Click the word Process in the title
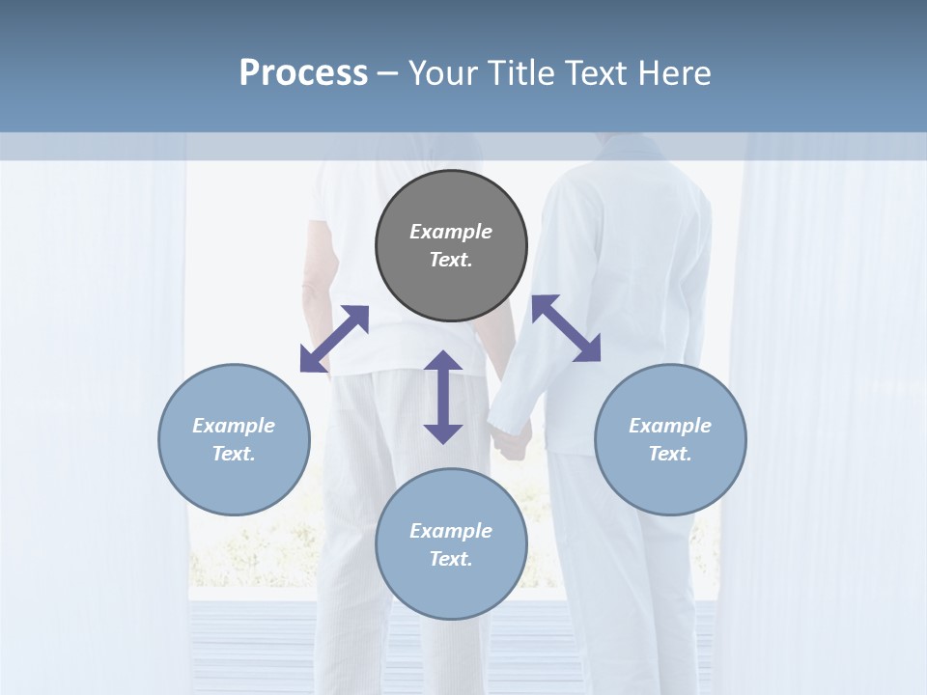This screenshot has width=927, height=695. click(x=303, y=73)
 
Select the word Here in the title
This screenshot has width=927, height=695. click(x=674, y=73)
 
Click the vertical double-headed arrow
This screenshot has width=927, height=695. click(x=443, y=397)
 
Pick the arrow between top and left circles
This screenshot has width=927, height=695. click(x=334, y=339)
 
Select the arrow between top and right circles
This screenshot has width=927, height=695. click(x=566, y=329)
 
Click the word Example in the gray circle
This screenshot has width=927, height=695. click(x=451, y=232)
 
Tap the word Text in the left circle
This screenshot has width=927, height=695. click(x=234, y=454)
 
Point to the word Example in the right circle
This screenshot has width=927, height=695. click(x=670, y=426)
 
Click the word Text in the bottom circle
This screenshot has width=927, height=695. click(x=451, y=559)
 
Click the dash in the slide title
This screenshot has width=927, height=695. click(x=388, y=73)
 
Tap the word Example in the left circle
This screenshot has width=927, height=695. click(x=234, y=426)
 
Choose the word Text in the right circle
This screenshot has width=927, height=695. click(x=670, y=454)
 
